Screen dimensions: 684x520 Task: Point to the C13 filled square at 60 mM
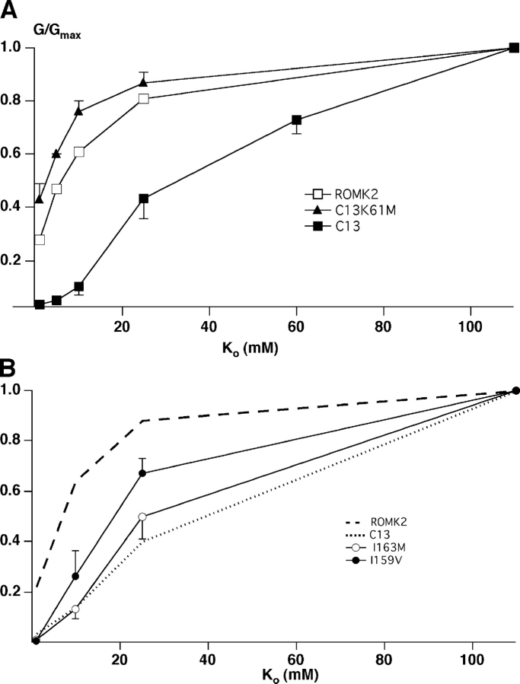tap(296, 120)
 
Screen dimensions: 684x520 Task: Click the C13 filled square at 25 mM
tap(143, 199)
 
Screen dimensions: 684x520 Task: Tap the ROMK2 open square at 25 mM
tap(143, 99)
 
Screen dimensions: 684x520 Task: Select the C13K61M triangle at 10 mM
tap(78, 111)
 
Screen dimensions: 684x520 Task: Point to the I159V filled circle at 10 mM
tap(75, 576)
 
